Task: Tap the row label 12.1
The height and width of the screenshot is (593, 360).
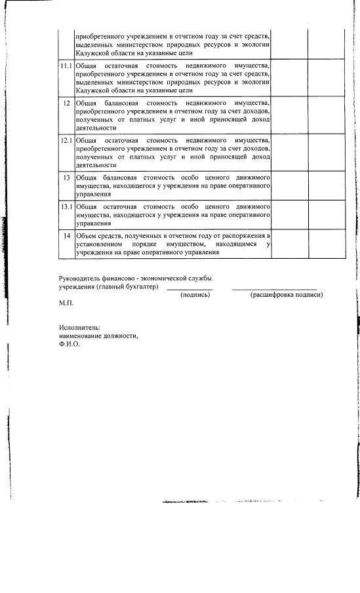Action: point(65,141)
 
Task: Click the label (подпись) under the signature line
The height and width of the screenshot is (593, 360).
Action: point(195,295)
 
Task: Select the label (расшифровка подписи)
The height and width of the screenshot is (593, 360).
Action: point(286,295)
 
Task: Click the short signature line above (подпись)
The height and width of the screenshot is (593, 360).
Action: point(190,289)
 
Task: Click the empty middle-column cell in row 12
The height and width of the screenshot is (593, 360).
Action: point(289,115)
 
